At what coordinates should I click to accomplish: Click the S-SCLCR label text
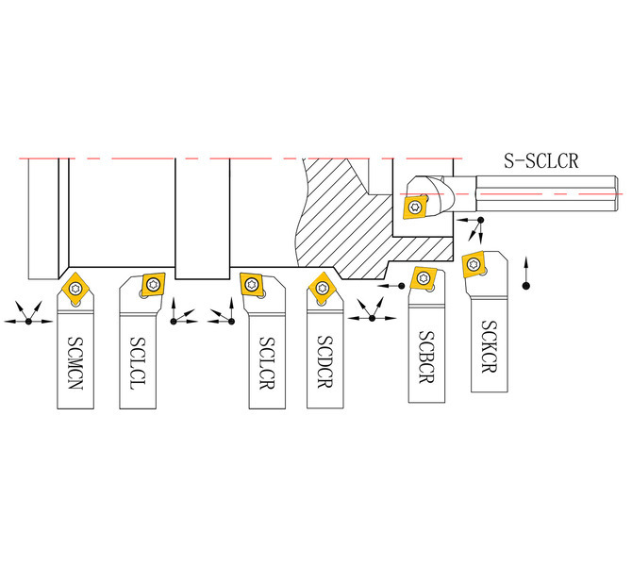coord(541,160)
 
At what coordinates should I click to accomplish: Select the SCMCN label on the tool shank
coord(75,363)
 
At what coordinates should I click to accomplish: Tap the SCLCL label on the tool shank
coord(138,363)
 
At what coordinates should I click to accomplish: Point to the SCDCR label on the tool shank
coord(324,361)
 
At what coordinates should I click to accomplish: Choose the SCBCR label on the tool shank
coord(426,357)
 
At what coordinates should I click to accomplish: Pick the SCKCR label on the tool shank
coord(489,346)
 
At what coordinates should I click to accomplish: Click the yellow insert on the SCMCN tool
coord(75,288)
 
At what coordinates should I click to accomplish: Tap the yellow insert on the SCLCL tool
coord(153,284)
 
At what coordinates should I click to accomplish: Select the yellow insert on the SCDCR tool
coord(322,288)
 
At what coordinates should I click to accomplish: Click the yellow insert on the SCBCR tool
coord(424,277)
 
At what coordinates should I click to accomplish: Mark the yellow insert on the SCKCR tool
coord(474,264)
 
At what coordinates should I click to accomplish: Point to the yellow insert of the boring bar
coord(415,208)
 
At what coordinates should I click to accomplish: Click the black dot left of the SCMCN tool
coord(28,322)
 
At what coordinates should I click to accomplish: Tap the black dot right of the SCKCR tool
coord(525,286)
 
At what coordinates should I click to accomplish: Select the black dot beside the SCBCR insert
coord(401,286)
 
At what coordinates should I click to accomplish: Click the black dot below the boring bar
coord(480,220)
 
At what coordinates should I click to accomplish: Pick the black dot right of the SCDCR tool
coord(372,318)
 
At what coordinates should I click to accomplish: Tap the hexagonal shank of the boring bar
coord(546,193)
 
